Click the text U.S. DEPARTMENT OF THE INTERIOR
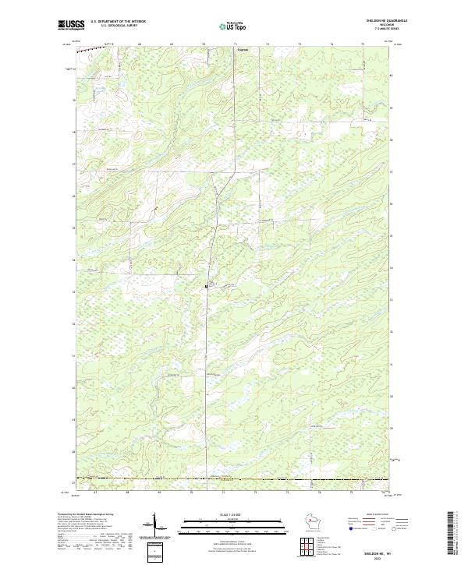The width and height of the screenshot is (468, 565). (x=118, y=21)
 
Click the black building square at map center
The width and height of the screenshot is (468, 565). (x=206, y=286)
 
